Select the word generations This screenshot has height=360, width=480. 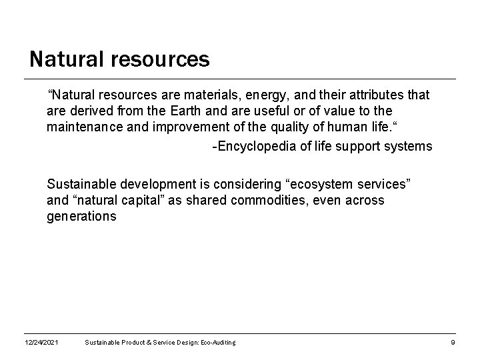(x=81, y=216)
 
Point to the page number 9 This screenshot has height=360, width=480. (x=453, y=343)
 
